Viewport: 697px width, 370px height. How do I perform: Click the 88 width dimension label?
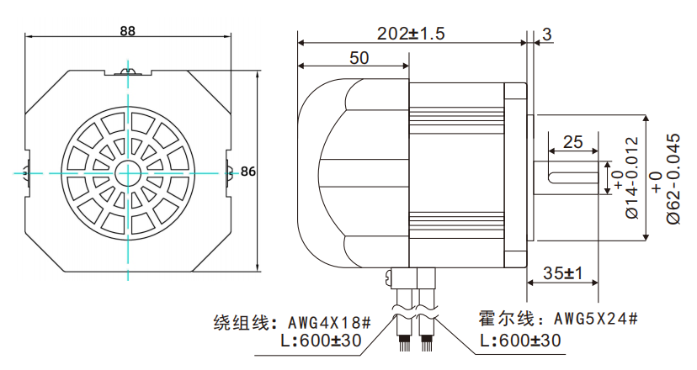click(x=128, y=30)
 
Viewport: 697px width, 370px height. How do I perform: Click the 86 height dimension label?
click(x=247, y=172)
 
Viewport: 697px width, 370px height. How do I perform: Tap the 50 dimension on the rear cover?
click(x=359, y=58)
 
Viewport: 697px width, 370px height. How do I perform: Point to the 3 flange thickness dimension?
click(x=547, y=34)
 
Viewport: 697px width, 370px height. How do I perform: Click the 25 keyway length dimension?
click(x=573, y=142)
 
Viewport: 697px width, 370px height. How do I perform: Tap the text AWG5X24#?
click(x=595, y=320)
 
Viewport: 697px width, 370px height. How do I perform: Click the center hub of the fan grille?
click(x=129, y=171)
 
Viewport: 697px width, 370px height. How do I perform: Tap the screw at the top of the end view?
click(x=129, y=72)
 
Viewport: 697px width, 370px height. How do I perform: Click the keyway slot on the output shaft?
click(x=572, y=176)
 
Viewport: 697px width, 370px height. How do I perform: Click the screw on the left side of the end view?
click(x=27, y=171)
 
